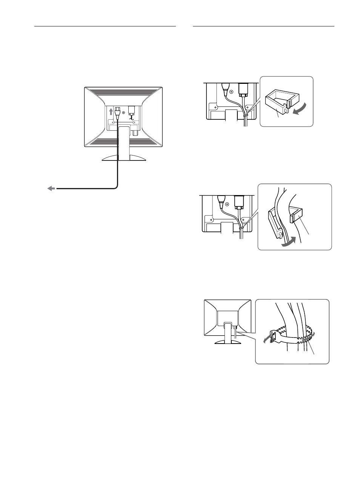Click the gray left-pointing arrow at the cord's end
coord(51,188)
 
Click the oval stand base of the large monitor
coord(124,158)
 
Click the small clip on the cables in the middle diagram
coord(240,228)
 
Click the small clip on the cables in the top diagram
coord(246,112)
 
